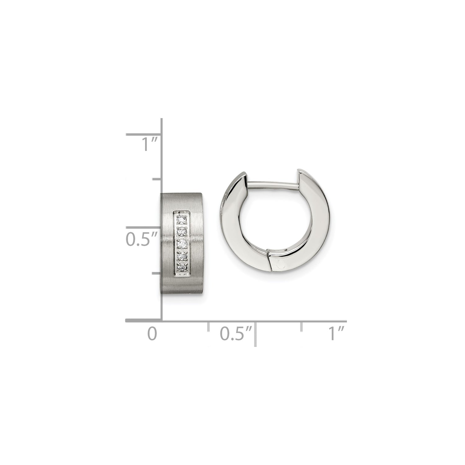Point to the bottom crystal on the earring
click(x=181, y=267)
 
